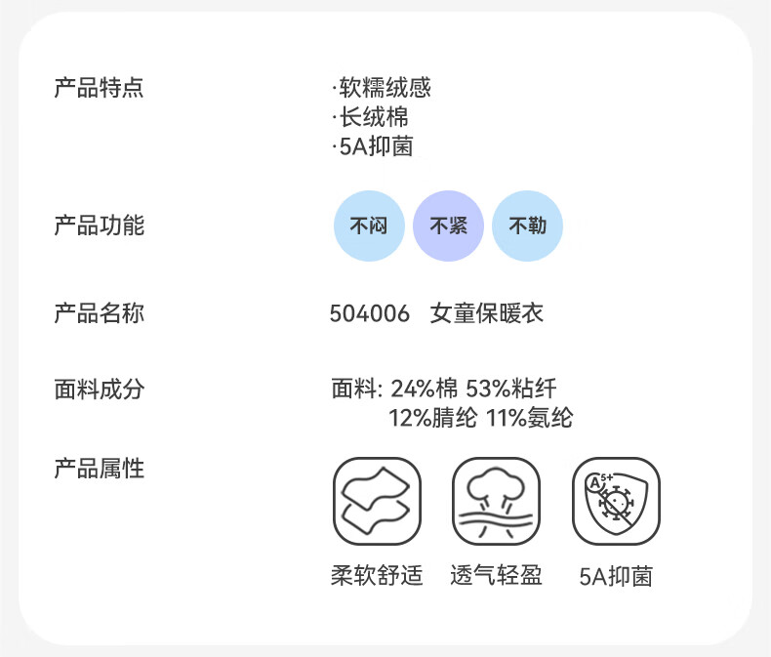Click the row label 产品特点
99,88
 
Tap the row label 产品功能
99,226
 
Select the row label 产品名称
99,314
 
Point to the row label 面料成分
99,389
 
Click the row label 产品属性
99,469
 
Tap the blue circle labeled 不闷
369,226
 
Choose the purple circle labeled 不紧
448,226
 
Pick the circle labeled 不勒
527,226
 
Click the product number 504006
370,314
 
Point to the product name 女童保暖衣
487,314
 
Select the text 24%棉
424,389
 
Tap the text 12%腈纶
432,419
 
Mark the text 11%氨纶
528,419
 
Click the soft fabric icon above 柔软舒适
378,502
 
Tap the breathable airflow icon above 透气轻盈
497,502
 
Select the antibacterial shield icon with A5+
616,502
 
